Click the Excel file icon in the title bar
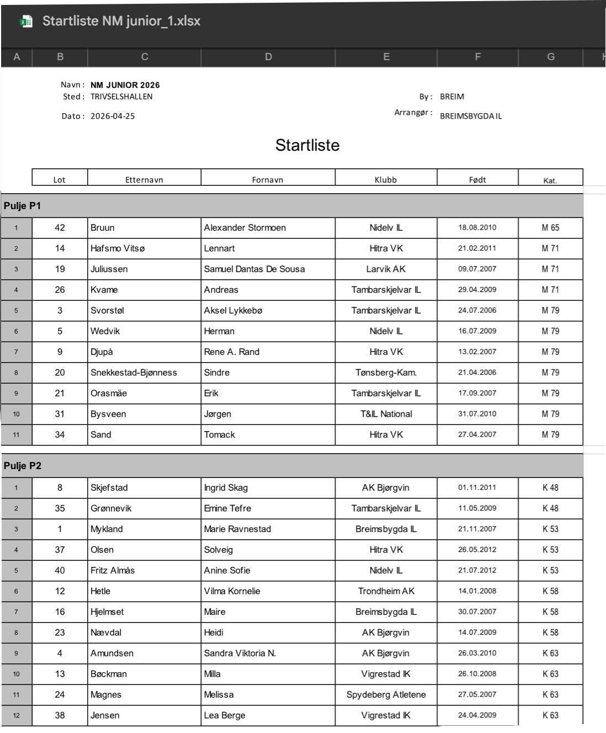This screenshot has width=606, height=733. coord(26,22)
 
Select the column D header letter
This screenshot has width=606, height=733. coord(268,57)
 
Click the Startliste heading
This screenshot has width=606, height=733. coord(307,145)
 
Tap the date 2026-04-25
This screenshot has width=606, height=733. coord(113,116)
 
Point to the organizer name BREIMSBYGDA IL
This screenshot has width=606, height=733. coord(471,116)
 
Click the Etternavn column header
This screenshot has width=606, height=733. coord(144,179)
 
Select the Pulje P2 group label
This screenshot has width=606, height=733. coord(23,466)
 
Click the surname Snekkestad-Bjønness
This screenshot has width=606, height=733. coord(134,373)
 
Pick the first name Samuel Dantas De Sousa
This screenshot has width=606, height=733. coord(254,269)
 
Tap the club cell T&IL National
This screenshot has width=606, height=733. coord(386,414)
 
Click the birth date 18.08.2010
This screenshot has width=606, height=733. coord(477,227)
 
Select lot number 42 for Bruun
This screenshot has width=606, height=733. coord(60,227)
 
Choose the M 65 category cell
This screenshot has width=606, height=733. coord(550,227)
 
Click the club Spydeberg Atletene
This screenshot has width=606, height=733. coord(386,694)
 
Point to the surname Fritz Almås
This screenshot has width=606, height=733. coord(113,570)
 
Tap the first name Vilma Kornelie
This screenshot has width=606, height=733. coord(232,591)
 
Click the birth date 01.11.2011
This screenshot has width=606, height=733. coord(477,487)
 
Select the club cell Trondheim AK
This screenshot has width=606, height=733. coord(386,591)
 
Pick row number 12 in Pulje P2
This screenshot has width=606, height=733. coord(16,715)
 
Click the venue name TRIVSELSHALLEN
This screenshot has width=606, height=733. coord(121,97)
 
